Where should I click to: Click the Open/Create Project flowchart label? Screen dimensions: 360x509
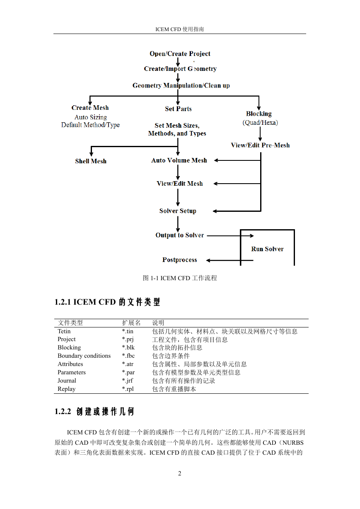click(180, 54)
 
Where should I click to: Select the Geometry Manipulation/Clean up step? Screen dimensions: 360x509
click(181, 85)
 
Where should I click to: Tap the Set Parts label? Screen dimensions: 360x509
click(178, 109)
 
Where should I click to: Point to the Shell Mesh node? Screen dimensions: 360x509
click(91, 161)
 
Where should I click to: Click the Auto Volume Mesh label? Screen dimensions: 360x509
click(179, 160)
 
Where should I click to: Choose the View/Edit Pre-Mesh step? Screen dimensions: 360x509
click(260, 145)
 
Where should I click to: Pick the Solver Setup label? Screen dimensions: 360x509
click(178, 211)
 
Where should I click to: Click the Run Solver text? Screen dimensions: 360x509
click(267, 249)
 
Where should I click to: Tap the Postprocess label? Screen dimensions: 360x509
click(180, 260)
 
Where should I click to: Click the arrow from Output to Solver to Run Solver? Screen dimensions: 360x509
click(230, 236)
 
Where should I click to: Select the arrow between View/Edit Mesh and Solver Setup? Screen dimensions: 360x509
click(178, 197)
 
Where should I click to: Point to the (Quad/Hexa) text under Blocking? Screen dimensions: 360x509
click(260, 123)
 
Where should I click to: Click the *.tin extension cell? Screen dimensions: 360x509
click(128, 331)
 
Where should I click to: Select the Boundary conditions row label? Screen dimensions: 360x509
click(84, 356)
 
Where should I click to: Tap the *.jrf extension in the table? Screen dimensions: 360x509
click(128, 381)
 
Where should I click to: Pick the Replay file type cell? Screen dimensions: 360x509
click(67, 389)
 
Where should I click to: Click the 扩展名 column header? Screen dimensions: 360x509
click(131, 322)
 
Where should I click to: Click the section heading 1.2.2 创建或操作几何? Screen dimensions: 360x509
click(94, 412)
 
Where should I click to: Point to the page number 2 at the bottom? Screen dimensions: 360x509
click(180, 473)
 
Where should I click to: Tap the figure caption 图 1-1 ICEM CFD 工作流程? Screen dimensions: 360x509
click(180, 278)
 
